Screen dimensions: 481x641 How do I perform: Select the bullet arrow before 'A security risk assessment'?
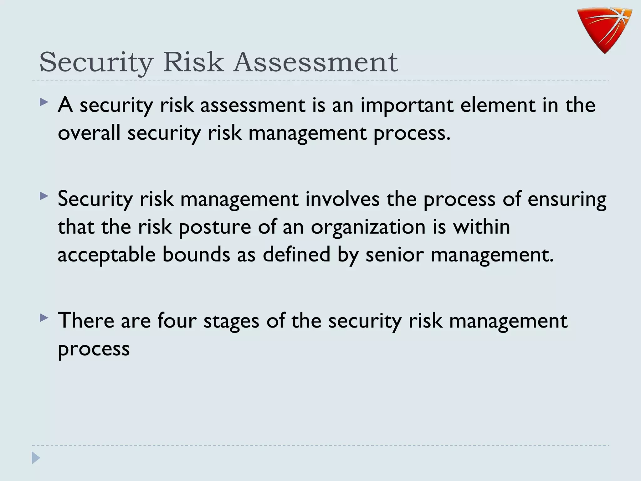click(x=44, y=102)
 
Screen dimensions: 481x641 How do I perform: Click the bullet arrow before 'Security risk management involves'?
click(x=44, y=196)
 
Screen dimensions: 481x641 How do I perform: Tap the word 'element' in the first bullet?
click(x=498, y=105)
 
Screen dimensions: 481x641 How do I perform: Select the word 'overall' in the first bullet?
click(x=89, y=133)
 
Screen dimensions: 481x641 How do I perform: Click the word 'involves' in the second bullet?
click(x=342, y=199)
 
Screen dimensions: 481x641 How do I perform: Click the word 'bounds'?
click(x=196, y=254)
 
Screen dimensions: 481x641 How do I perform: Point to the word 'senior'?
click(x=394, y=255)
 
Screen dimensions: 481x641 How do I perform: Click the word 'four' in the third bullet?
click(x=177, y=321)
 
